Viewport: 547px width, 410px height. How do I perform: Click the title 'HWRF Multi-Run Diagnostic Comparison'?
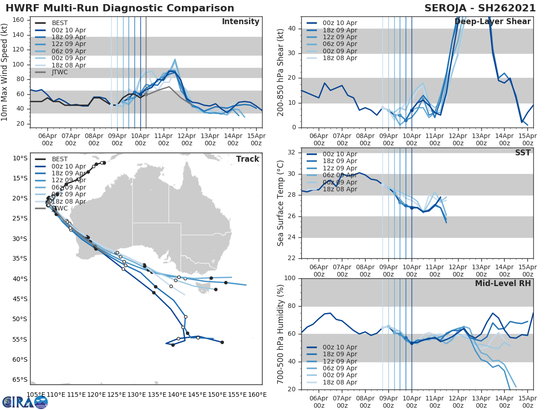point(120,8)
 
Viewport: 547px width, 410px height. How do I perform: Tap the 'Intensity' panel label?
point(240,22)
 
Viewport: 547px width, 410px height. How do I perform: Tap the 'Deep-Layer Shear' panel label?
point(492,22)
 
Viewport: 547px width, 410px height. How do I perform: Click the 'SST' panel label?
point(522,153)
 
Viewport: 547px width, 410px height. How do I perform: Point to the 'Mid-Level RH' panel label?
point(503,283)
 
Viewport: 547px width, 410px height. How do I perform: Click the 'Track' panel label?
point(248,159)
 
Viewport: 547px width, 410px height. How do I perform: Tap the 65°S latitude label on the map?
point(20,379)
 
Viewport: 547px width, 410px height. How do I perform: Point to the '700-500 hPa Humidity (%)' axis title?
point(281,334)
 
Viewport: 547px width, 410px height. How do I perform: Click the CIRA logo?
point(25,402)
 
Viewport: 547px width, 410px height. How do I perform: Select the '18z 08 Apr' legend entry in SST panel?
point(340,189)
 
